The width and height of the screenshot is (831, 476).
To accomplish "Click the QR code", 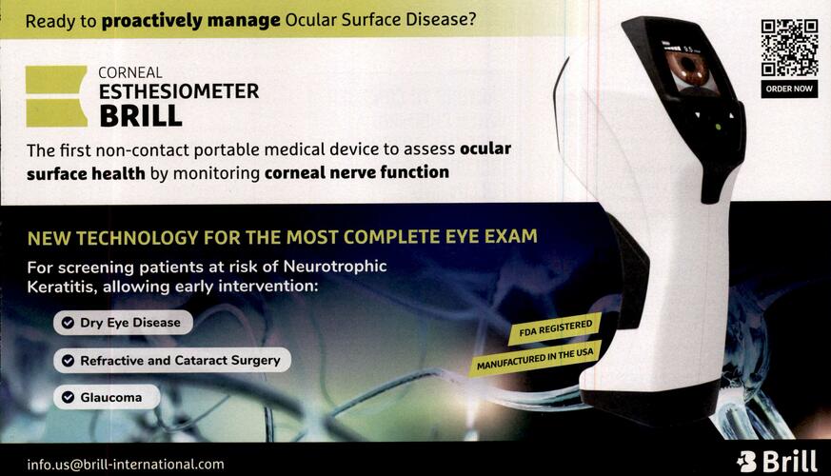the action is pyautogui.click(x=789, y=48).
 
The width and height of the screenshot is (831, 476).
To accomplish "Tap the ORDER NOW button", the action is pyautogui.click(x=789, y=89).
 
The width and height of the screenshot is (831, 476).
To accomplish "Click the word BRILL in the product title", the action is pyautogui.click(x=141, y=116).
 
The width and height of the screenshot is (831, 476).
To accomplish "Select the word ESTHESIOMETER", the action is pyautogui.click(x=179, y=91).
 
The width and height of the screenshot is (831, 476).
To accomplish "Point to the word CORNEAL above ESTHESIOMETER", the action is pyautogui.click(x=130, y=72).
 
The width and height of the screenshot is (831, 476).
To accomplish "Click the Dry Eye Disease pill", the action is pyautogui.click(x=123, y=323).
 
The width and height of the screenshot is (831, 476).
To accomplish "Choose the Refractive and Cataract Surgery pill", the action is pyautogui.click(x=172, y=361).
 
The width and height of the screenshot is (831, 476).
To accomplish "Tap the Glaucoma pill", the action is pyautogui.click(x=107, y=397).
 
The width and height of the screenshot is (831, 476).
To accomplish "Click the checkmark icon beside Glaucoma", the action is pyautogui.click(x=68, y=397).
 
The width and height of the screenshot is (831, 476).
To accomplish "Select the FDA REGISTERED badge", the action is pyautogui.click(x=554, y=328).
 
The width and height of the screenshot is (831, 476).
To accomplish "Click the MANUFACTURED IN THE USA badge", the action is pyautogui.click(x=535, y=360).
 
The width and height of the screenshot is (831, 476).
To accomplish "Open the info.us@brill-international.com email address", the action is pyautogui.click(x=126, y=465).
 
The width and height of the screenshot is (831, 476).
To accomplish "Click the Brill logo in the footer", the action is pyautogui.click(x=777, y=461).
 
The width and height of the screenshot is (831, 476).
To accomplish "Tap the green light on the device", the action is pyautogui.click(x=718, y=128).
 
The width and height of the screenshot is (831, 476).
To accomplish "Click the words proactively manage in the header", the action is pyautogui.click(x=190, y=21).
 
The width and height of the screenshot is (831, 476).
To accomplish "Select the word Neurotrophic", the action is pyautogui.click(x=335, y=266).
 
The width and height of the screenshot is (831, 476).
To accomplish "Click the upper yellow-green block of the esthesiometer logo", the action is pyautogui.click(x=56, y=80).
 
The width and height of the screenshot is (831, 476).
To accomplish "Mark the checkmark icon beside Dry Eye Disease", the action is pyautogui.click(x=68, y=323).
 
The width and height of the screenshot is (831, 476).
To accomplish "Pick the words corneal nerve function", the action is pyautogui.click(x=357, y=172).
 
